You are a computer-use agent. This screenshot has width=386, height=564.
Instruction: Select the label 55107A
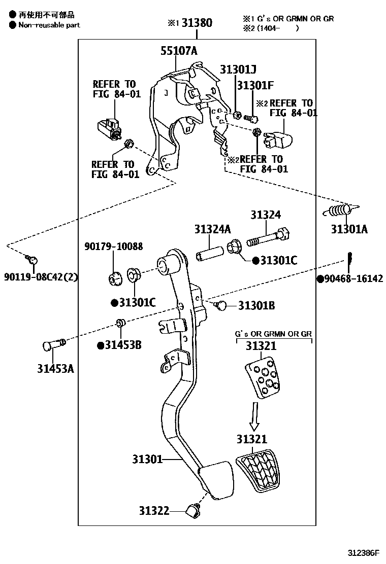tap(179, 51)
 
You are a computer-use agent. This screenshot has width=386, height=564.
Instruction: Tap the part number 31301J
tap(238, 69)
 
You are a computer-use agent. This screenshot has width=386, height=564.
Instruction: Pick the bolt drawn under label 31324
tap(268, 237)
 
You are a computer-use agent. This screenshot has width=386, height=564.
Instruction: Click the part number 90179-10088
tap(113, 246)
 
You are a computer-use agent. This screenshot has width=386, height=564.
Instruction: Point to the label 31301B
tap(256, 305)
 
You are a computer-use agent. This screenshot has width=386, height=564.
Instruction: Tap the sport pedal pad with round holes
tap(262, 379)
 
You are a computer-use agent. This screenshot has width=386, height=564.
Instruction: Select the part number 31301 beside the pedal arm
tap(147, 460)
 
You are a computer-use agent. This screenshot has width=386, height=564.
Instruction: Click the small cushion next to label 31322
tap(193, 511)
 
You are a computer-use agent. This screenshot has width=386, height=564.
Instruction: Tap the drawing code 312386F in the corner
tap(364, 552)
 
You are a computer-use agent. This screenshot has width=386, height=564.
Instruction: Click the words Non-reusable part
tap(49, 25)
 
